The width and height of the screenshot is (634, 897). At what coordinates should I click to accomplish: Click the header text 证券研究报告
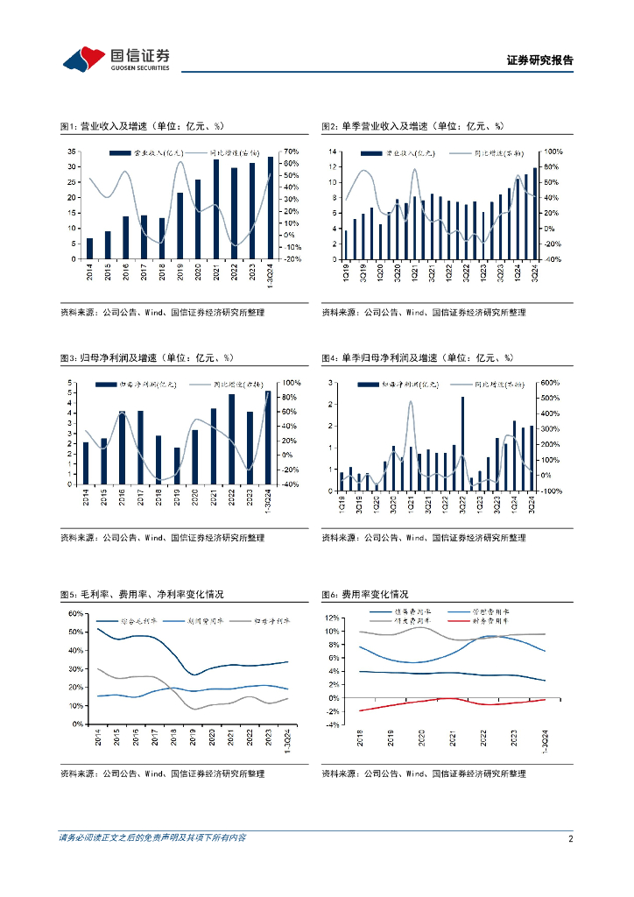[x=540, y=60]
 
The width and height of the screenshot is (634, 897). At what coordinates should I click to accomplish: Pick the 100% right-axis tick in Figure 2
[x=553, y=152]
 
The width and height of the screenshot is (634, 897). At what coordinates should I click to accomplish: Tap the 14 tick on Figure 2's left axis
[x=334, y=152]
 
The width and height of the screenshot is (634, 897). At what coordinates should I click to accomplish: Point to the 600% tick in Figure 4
[x=548, y=383]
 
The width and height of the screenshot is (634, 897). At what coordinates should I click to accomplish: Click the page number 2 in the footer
[x=570, y=838]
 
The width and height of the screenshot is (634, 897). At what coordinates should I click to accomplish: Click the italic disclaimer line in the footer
[x=152, y=838]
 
